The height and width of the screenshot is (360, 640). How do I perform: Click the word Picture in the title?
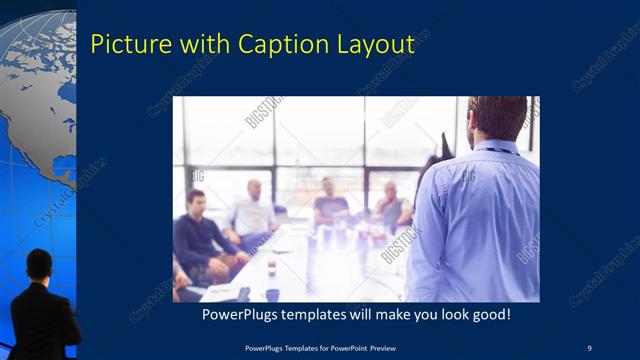tap(126, 45)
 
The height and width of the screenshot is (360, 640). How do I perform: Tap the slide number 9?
tap(589, 347)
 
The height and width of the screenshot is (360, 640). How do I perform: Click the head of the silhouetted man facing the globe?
tap(39, 265)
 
